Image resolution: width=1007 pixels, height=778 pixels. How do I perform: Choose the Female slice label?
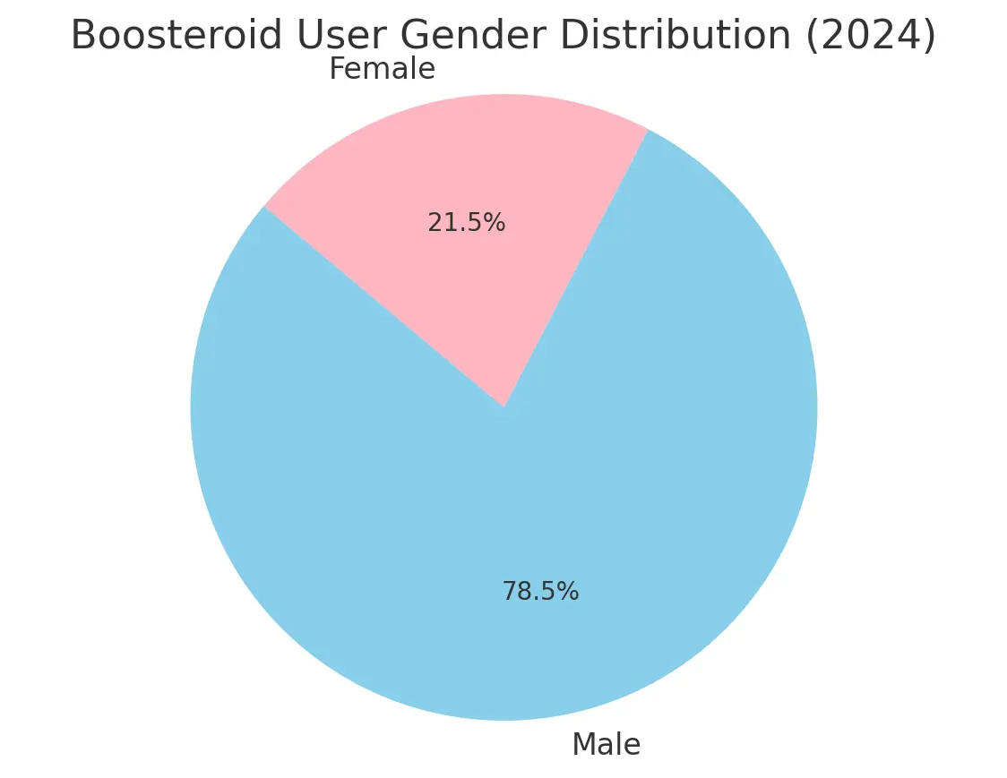coord(382,69)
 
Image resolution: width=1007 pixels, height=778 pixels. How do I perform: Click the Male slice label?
coord(606,744)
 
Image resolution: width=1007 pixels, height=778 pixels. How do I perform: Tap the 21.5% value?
coord(466,223)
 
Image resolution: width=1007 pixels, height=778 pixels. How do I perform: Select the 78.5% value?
coord(539,592)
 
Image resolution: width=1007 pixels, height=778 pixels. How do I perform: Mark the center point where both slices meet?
coord(503,406)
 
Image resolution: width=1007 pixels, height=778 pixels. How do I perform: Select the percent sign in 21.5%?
coord(495,223)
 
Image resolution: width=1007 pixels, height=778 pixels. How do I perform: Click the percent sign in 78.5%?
coord(569,592)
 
